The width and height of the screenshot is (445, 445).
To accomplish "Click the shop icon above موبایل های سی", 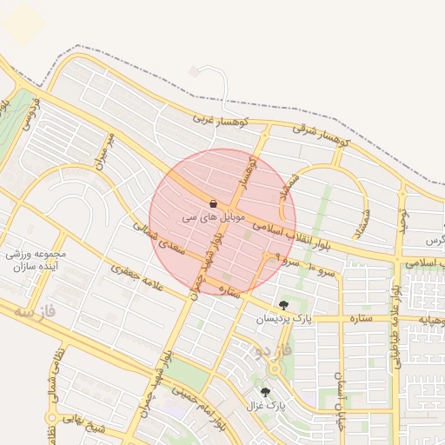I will click(x=213, y=203).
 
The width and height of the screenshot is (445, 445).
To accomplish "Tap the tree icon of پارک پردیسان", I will click(x=284, y=305).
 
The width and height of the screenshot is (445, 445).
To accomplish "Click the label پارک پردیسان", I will click(x=282, y=319).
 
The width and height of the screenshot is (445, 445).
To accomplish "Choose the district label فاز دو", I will click(x=270, y=349).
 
